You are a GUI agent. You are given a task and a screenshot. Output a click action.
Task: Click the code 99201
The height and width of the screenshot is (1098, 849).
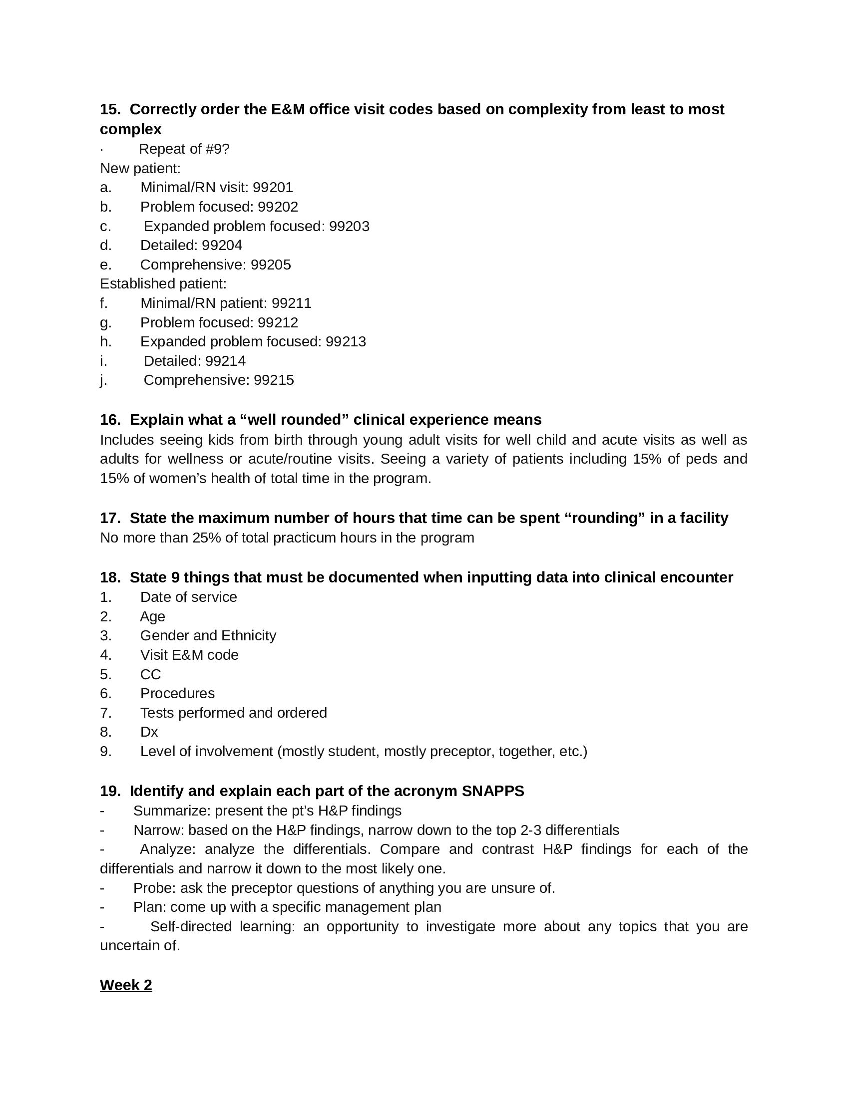tap(273, 188)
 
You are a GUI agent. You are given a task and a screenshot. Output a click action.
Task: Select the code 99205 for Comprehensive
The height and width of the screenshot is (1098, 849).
tap(271, 265)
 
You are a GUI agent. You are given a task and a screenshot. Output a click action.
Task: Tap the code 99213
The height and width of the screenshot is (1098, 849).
tap(346, 342)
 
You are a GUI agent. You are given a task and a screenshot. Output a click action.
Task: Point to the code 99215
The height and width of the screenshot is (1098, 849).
tap(274, 380)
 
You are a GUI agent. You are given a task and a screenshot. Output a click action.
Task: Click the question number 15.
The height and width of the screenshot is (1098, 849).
tap(109, 109)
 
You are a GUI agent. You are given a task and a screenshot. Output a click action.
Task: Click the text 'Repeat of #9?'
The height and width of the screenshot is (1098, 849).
tap(184, 149)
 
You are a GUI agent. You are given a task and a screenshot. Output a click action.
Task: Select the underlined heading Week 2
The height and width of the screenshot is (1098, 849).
tap(126, 985)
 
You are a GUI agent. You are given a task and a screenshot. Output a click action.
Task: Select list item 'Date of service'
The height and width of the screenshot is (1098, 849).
tap(189, 597)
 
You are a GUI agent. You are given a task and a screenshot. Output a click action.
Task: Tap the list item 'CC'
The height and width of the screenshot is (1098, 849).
tap(150, 675)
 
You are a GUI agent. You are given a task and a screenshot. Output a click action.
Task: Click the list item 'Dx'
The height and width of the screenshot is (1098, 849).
tap(149, 732)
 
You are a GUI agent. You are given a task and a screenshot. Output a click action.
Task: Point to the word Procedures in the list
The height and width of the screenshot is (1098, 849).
tap(177, 694)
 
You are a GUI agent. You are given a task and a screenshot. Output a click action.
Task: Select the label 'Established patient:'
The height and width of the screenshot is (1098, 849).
tap(163, 284)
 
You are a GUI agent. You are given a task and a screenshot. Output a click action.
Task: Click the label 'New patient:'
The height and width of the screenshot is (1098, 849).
tap(140, 168)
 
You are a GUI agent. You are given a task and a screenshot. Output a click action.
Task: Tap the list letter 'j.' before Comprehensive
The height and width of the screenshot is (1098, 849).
tap(103, 381)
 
